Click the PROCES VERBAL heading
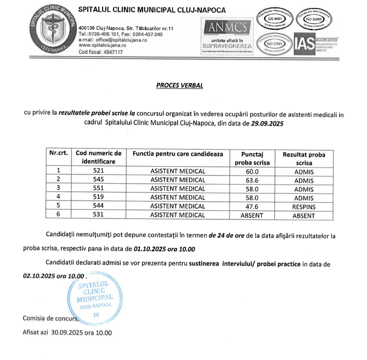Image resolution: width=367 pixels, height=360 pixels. (179, 86)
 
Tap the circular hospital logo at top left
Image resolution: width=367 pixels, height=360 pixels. (52, 29)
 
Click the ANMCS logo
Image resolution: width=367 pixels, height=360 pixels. (225, 27)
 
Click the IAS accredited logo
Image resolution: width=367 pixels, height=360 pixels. (316, 44)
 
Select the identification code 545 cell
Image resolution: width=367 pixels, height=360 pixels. (98, 180)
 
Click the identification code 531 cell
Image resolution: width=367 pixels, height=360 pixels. (98, 215)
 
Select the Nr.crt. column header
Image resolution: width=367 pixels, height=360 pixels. (59, 153)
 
